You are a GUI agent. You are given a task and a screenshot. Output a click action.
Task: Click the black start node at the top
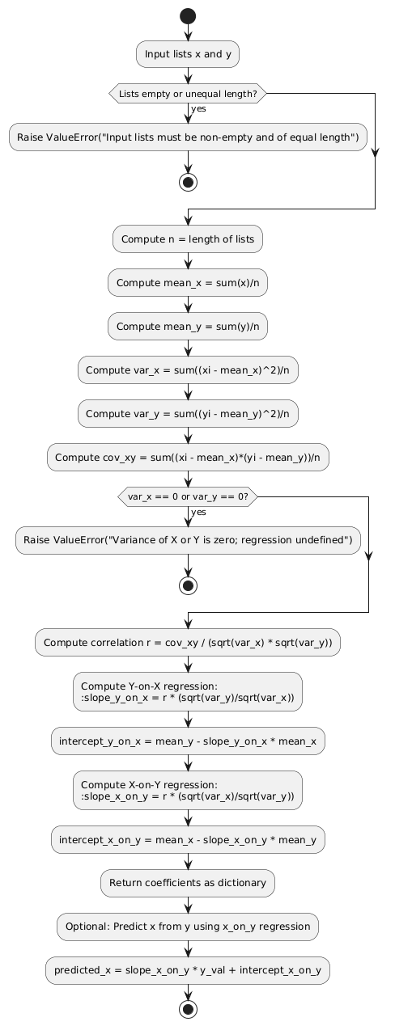188,16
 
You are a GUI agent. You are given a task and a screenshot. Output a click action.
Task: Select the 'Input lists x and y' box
188,54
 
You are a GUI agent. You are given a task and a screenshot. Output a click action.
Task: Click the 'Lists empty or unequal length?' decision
188,94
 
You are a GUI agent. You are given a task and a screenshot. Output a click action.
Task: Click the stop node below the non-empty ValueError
188,180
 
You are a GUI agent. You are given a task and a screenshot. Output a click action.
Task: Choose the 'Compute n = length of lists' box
188,239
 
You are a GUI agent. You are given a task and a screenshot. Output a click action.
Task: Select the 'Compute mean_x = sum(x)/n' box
188,282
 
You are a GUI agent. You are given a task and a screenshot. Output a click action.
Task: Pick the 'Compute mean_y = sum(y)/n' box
188,326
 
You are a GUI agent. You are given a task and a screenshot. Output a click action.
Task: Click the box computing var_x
188,369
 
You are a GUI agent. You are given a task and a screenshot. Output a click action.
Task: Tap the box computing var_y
188,413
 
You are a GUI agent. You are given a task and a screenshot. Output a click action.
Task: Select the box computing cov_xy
188,457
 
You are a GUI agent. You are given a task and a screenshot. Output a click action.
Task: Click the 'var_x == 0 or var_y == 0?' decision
188,496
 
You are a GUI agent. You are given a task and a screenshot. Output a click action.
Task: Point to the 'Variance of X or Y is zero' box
188,539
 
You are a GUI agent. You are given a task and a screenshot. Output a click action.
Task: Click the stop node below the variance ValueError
188,584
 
